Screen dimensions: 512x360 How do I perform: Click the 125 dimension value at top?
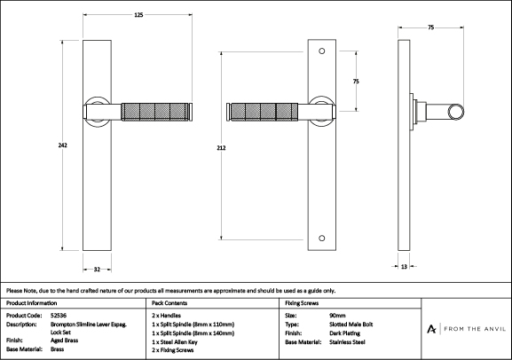click(x=138, y=15)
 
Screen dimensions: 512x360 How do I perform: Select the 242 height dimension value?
click(x=63, y=145)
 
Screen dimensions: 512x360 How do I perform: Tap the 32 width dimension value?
click(x=97, y=270)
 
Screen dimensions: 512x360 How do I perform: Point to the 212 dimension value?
click(x=221, y=148)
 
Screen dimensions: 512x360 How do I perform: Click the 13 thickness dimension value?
click(x=404, y=267)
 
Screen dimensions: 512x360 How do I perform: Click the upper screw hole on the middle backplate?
click(x=321, y=51)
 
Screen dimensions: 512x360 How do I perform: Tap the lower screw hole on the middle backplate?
click(x=321, y=238)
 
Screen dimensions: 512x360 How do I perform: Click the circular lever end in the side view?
click(x=455, y=112)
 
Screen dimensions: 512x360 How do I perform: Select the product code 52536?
click(x=59, y=316)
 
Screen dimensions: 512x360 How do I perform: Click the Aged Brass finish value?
click(x=64, y=340)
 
